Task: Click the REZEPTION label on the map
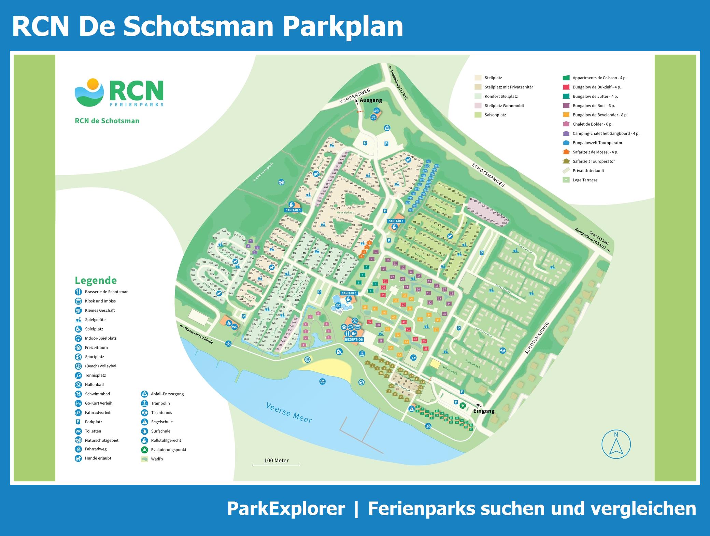coord(354,339)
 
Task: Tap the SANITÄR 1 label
coord(396,221)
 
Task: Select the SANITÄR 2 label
coord(349,293)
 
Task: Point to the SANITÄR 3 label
coord(293,210)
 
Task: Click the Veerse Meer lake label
coord(289,413)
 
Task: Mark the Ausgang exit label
coord(371,100)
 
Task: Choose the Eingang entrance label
coord(484,411)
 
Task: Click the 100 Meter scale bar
coord(276,464)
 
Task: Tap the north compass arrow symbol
coord(616,445)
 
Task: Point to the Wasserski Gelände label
coord(198,336)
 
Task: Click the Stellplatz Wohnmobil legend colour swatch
coord(478,106)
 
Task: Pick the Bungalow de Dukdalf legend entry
coord(597,87)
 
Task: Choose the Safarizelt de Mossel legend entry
coord(595,152)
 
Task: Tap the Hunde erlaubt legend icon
coord(79,458)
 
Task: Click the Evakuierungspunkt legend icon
coord(144,450)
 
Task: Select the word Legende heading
coord(96,280)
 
